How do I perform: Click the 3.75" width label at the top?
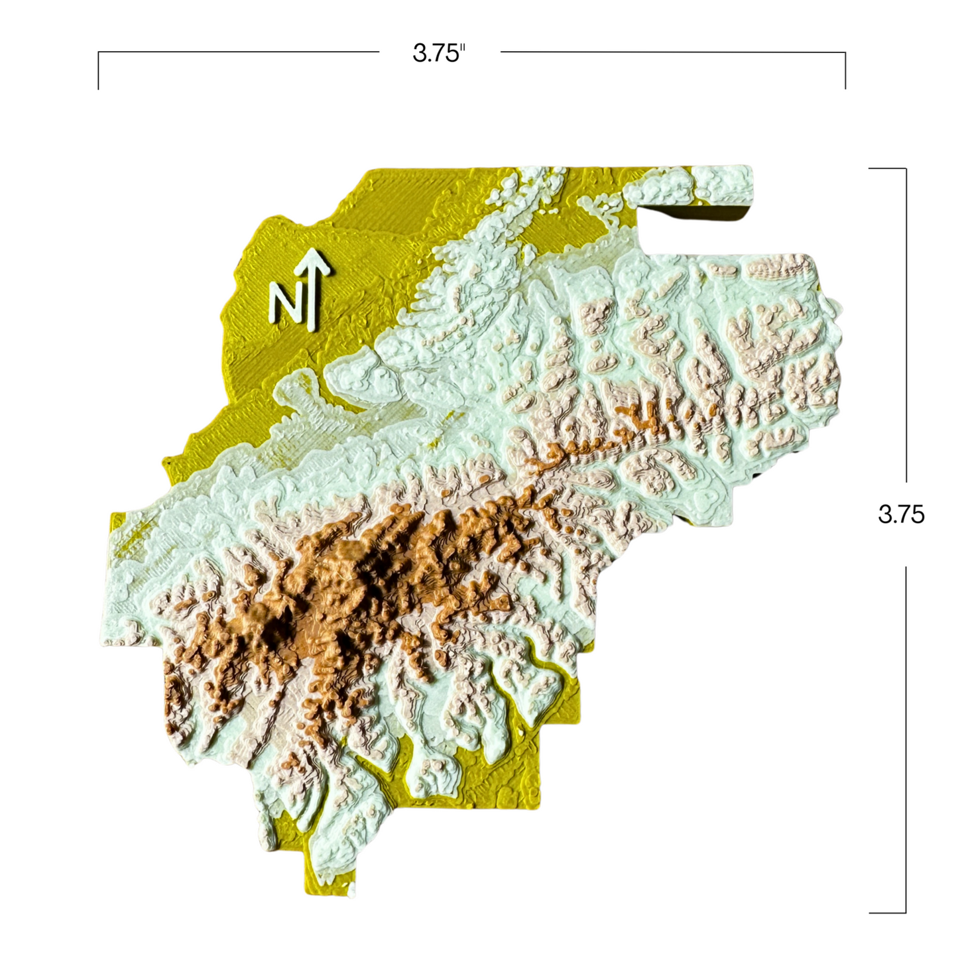439,53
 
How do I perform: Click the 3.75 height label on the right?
901,514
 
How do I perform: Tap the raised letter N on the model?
285,303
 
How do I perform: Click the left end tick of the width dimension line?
99,70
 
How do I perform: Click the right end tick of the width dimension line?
845,70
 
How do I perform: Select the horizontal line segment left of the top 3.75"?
239,52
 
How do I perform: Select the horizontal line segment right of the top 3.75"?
673,52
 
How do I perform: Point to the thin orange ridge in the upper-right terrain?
636,418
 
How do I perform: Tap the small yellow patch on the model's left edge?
118,524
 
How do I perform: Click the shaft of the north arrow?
312,298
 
